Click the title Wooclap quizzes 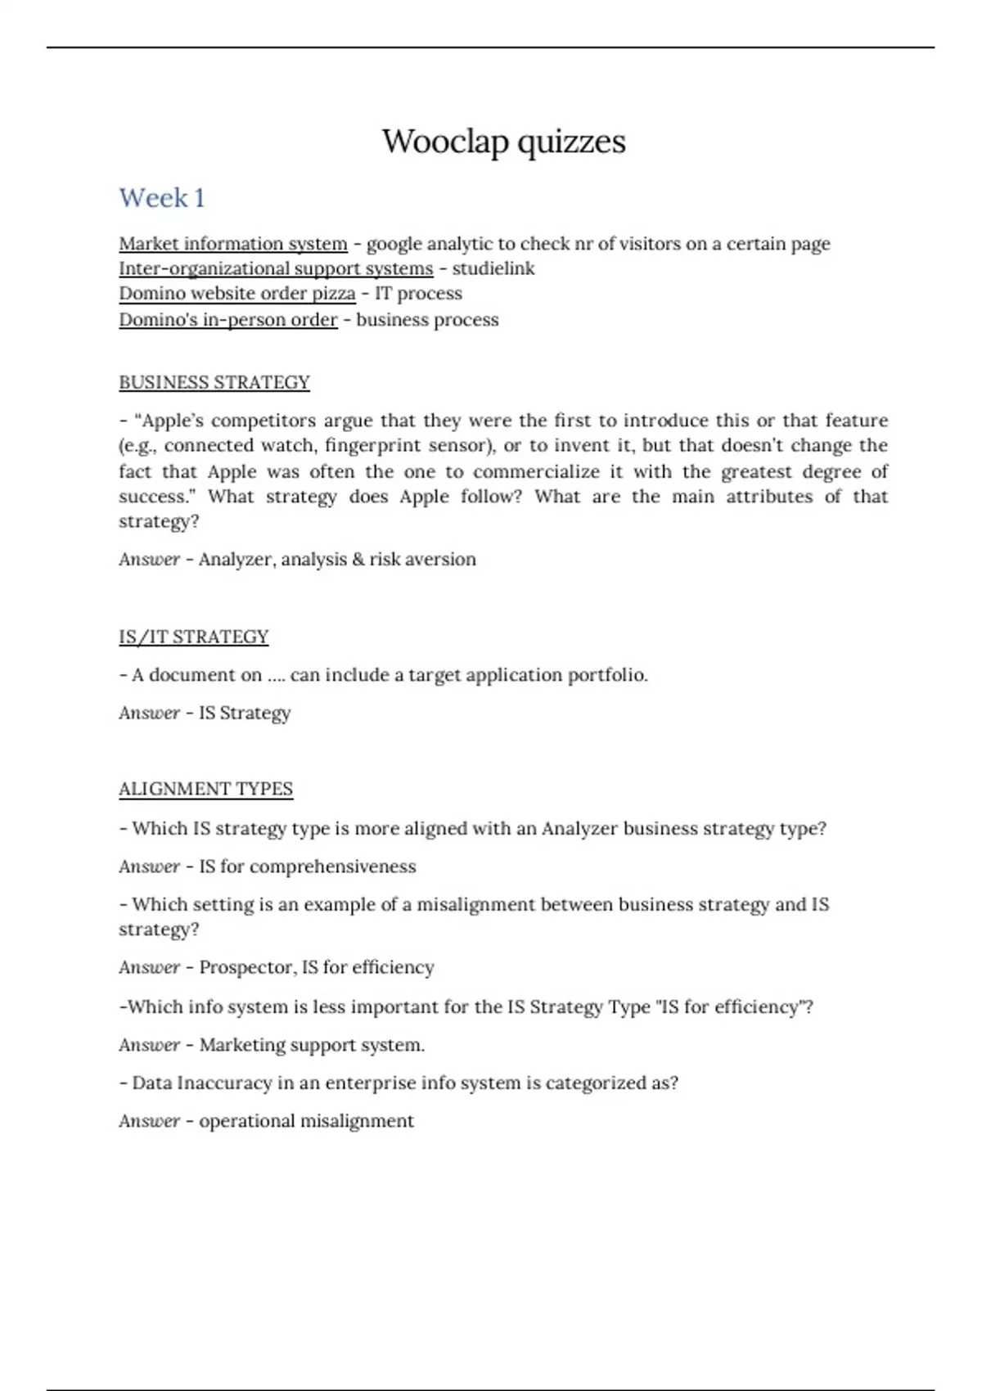coord(503,142)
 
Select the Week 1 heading coord(162,198)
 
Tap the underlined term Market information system coord(233,244)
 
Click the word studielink coord(493,268)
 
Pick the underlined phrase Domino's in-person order coord(227,320)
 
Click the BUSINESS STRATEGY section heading coord(214,383)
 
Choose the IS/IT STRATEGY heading coord(194,637)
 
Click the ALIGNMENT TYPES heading coord(205,790)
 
